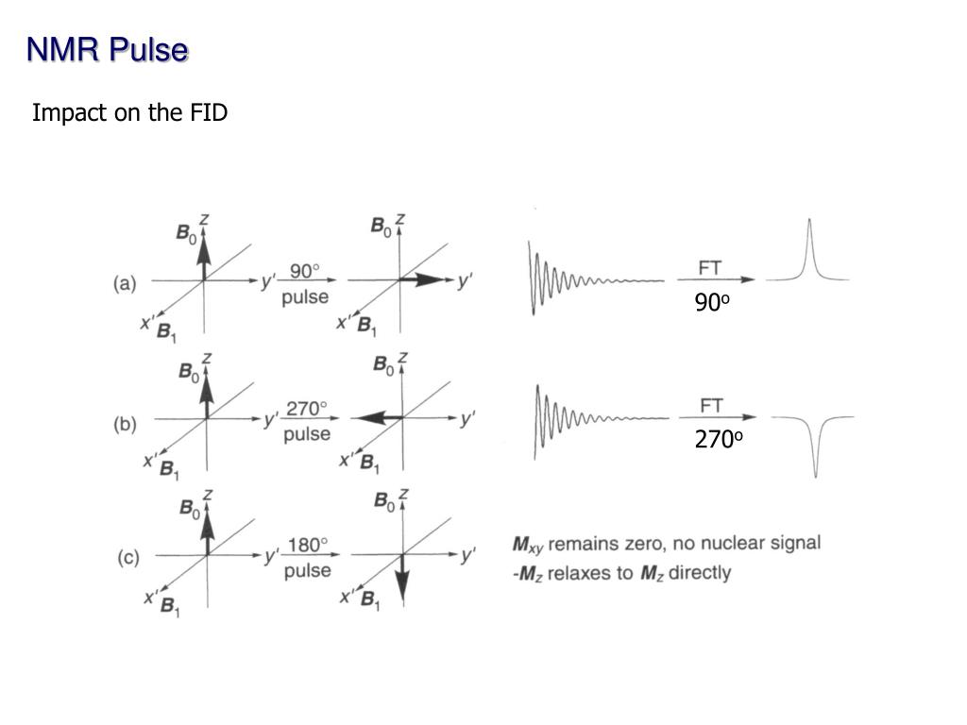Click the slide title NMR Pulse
pyautogui.click(x=107, y=50)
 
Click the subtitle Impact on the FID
pyautogui.click(x=129, y=113)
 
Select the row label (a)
pyautogui.click(x=126, y=282)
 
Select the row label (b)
pyautogui.click(x=126, y=424)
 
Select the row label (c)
pyautogui.click(x=127, y=558)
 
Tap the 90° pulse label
pyautogui.click(x=305, y=284)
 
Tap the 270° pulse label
pyautogui.click(x=307, y=421)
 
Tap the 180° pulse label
pyautogui.click(x=307, y=558)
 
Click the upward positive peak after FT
pyautogui.click(x=808, y=250)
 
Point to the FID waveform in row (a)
pyautogui.click(x=595, y=278)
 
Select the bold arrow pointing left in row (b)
pyautogui.click(x=377, y=417)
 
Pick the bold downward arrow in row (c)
pyautogui.click(x=402, y=580)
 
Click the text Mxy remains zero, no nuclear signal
pyautogui.click(x=666, y=544)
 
